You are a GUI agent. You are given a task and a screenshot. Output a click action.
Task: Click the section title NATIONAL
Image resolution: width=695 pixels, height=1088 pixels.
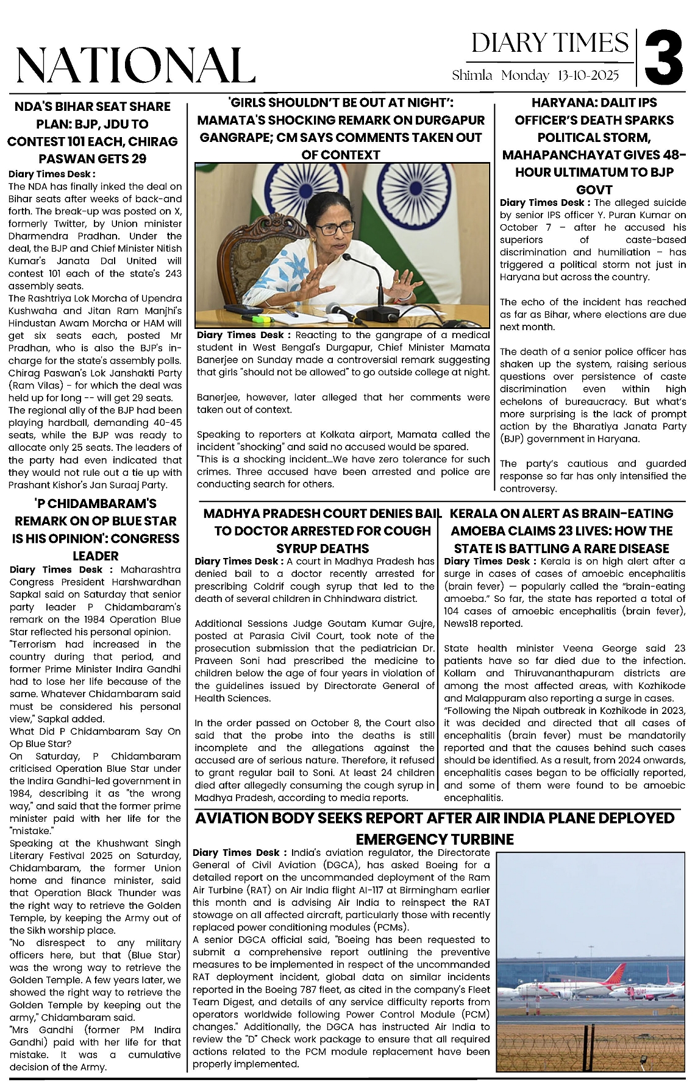135,65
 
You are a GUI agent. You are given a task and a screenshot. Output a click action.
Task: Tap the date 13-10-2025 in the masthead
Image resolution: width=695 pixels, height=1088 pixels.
588,75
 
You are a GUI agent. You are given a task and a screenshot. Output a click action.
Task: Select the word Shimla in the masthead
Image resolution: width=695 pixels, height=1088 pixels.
472,75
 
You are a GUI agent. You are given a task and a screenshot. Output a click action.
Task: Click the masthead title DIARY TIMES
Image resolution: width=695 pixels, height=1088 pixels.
549,43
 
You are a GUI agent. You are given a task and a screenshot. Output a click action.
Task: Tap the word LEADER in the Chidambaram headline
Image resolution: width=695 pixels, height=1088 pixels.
96,556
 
